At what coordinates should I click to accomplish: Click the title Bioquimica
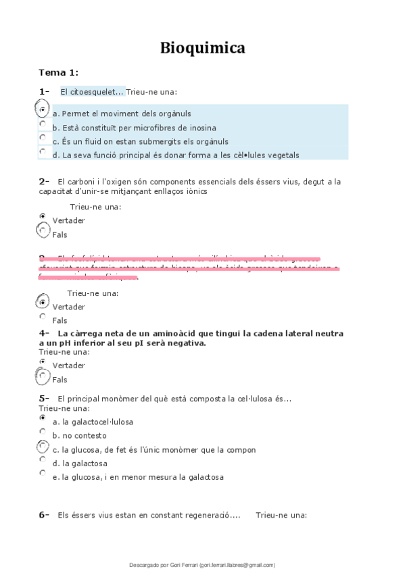(202, 48)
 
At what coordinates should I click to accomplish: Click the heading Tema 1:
(58, 72)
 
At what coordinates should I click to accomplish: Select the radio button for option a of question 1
(43, 109)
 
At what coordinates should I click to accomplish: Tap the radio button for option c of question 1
(43, 137)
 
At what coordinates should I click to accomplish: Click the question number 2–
(45, 181)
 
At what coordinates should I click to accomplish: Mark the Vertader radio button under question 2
(43, 216)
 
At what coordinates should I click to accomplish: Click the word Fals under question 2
(59, 234)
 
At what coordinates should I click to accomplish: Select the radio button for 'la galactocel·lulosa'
(43, 418)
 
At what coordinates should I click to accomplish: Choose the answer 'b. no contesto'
(79, 436)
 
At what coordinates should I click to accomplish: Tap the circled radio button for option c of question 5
(43, 447)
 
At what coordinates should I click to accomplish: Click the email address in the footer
(237, 565)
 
